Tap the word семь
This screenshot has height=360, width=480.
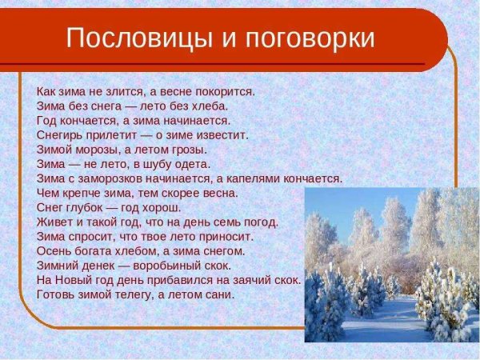click(226, 222)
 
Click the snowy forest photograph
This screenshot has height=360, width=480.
click(391, 264)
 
